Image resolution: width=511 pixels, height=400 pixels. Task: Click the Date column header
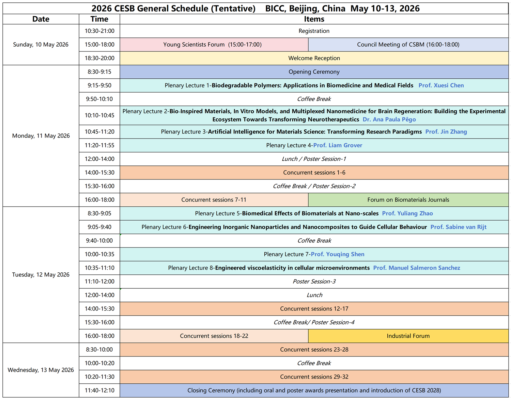coord(41,19)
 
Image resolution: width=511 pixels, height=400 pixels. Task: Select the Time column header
coord(99,19)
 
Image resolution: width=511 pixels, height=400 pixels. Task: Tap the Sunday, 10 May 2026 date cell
coord(41,45)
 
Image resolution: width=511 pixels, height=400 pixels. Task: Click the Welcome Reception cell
coord(314,58)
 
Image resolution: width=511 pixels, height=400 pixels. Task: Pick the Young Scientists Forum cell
coord(213,45)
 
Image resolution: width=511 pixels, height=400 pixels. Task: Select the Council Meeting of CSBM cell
coord(408,45)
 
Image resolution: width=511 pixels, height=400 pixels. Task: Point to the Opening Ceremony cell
coord(314,72)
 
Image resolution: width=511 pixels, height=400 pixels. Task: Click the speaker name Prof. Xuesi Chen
coord(441,85)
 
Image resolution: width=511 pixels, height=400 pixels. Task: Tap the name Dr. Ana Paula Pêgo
coord(389,119)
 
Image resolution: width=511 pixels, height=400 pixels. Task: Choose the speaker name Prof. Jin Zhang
coord(446,132)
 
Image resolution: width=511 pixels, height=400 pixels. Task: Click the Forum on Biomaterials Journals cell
coord(408,200)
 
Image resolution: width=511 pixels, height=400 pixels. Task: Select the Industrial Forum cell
coord(408,336)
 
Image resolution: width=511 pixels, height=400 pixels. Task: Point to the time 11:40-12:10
coord(99,390)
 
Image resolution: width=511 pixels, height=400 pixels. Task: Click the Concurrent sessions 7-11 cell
coord(214,200)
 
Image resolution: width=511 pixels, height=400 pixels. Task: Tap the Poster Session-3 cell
coord(314,282)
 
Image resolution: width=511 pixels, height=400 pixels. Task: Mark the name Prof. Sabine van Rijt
coord(458,227)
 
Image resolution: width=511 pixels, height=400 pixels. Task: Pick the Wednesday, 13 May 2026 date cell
coord(41,370)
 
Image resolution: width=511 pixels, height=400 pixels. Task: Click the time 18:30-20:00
coord(99,58)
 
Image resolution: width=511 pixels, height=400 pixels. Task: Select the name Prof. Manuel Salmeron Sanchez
coord(417,268)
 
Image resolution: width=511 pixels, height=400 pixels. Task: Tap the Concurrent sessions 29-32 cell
coord(314,377)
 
